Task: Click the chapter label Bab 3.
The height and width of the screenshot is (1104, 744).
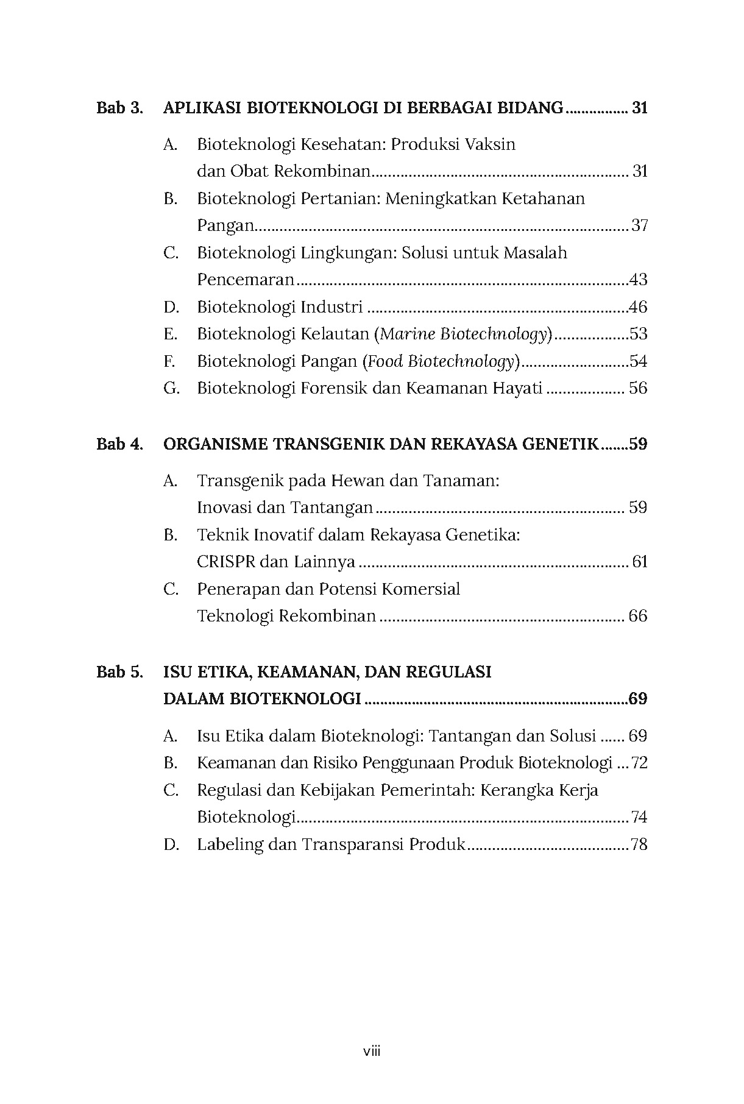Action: pyautogui.click(x=119, y=108)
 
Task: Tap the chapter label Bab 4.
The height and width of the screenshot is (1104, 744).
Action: pyautogui.click(x=119, y=444)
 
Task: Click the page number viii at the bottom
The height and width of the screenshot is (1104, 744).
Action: pyautogui.click(x=372, y=1050)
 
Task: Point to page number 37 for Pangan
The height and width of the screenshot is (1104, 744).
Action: pyautogui.click(x=639, y=225)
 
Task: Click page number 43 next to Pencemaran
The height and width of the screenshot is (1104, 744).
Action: pyautogui.click(x=638, y=280)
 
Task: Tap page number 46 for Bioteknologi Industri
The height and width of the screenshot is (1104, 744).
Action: pyautogui.click(x=638, y=306)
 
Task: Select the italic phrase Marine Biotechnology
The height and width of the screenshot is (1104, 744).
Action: pyautogui.click(x=463, y=334)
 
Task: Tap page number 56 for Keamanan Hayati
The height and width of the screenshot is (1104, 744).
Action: pyautogui.click(x=637, y=388)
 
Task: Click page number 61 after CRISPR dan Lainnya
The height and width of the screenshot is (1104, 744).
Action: pyautogui.click(x=639, y=561)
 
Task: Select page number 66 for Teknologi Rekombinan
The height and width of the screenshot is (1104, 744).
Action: pyautogui.click(x=637, y=615)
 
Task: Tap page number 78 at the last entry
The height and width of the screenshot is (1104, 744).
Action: pyautogui.click(x=639, y=844)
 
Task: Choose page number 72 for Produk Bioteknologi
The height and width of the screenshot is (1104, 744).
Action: pyautogui.click(x=639, y=763)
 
